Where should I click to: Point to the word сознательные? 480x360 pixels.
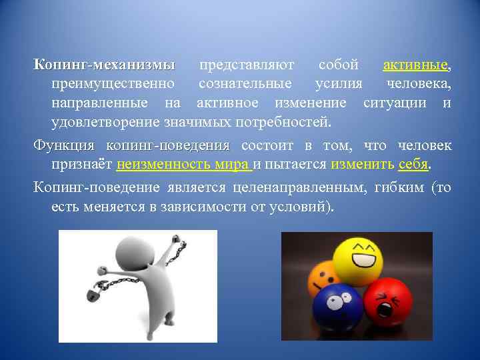tap(245, 85)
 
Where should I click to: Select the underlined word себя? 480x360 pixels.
tap(413, 165)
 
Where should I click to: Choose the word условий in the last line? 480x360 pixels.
tap(300, 207)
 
